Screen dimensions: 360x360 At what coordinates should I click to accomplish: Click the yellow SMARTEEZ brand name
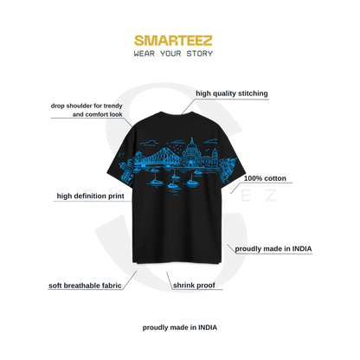point(173,41)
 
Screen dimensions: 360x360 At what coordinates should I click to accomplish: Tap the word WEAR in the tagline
point(145,54)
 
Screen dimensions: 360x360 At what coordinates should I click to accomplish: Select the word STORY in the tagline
point(200,54)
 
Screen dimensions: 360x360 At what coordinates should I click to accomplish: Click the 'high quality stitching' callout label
point(232,93)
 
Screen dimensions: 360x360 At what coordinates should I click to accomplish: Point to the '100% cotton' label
point(265,178)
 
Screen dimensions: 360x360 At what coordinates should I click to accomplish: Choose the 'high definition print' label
point(90,196)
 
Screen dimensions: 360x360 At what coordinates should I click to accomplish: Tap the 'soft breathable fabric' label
point(85,286)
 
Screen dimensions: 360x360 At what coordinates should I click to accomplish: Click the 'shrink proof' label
point(194,286)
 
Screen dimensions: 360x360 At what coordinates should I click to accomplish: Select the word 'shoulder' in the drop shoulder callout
point(80,106)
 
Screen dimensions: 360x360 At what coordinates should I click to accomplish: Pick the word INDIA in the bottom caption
point(208,328)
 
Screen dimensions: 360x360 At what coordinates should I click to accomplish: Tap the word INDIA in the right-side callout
point(302,248)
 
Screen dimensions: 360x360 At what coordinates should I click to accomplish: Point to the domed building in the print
point(191,154)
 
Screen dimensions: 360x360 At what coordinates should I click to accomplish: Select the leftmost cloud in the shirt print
point(149,143)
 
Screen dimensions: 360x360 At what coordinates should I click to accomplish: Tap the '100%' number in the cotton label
point(253,178)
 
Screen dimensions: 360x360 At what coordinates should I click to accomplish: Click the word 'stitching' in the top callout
point(253,93)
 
